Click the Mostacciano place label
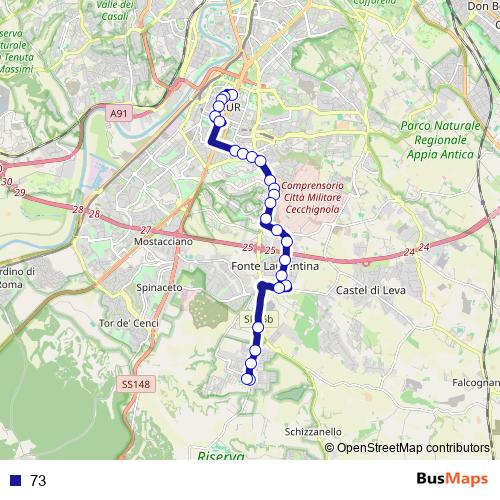coord(156,243)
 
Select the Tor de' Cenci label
coord(123,323)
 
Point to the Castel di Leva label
coord(368,290)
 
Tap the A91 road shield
coord(119,115)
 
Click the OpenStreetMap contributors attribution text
coord(412,448)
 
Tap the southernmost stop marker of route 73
coord(249,378)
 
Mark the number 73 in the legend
coord(39,481)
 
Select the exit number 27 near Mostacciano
coord(145,230)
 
